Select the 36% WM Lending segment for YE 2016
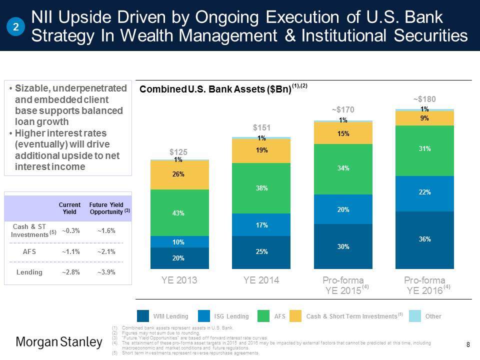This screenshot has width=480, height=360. click(x=424, y=240)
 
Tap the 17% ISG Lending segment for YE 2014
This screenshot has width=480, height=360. click(x=261, y=225)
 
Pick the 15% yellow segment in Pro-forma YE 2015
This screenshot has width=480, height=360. click(x=342, y=133)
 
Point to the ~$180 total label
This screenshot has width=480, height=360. click(x=424, y=99)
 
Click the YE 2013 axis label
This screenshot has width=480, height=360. click(x=179, y=280)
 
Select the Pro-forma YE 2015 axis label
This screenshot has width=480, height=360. click(x=342, y=284)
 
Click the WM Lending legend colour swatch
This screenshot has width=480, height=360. click(x=143, y=316)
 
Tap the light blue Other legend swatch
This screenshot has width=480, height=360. click(x=415, y=316)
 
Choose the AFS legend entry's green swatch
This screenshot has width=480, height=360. click(x=264, y=316)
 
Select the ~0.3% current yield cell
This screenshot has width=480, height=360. click(x=69, y=230)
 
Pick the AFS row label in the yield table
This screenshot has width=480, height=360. click(x=29, y=251)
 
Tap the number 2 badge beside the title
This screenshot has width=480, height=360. click(x=16, y=27)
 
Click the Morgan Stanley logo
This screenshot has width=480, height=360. click(x=59, y=342)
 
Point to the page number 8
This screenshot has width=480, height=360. click(x=468, y=344)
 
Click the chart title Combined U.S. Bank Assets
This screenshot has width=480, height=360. click(x=215, y=89)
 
